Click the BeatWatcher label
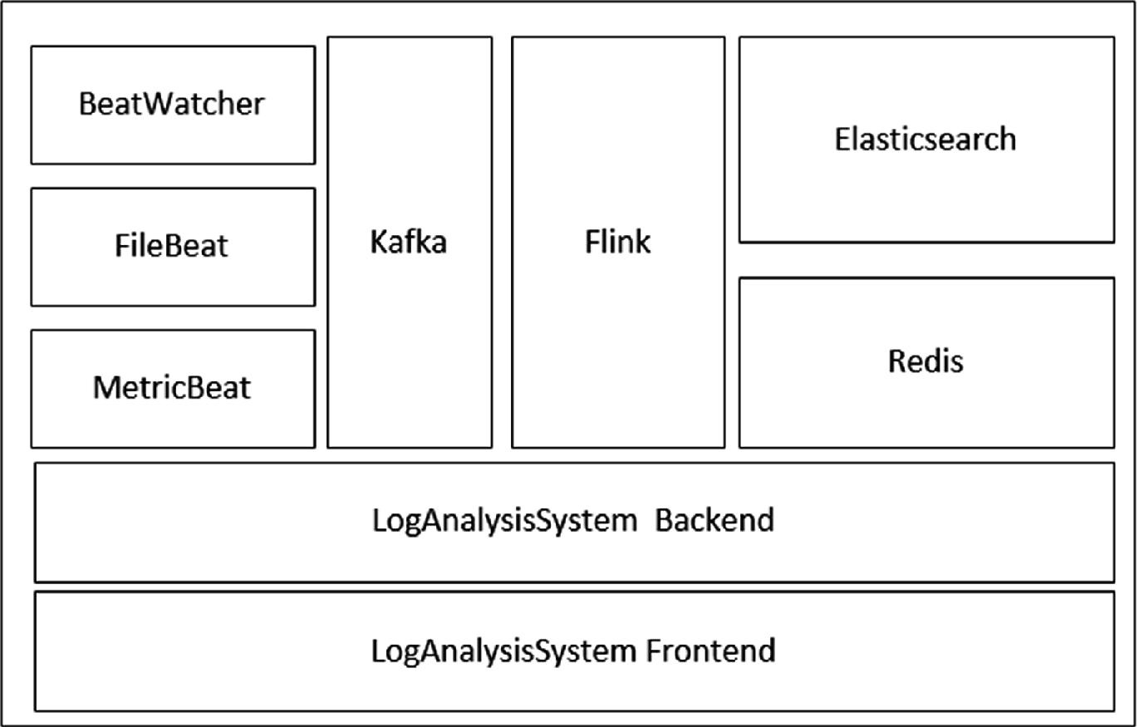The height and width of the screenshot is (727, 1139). pyautogui.click(x=172, y=105)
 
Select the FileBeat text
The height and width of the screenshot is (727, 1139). pyautogui.click(x=171, y=246)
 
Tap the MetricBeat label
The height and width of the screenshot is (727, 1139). pyautogui.click(x=171, y=388)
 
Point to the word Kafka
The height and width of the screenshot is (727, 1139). pyautogui.click(x=409, y=243)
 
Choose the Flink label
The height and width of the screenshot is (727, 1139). pyautogui.click(x=617, y=243)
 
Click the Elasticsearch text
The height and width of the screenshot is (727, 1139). pyautogui.click(x=925, y=139)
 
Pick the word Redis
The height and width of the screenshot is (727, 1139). pyautogui.click(x=925, y=361)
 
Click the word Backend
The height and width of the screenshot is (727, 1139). pyautogui.click(x=714, y=520)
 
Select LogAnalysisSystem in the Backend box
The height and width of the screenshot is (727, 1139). pyautogui.click(x=503, y=521)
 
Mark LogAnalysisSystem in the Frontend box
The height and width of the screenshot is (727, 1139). pyautogui.click(x=503, y=651)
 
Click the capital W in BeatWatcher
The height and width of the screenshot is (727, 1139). pyautogui.click(x=161, y=105)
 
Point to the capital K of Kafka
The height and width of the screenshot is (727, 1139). pyautogui.click(x=378, y=243)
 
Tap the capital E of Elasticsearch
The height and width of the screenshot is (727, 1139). pyautogui.click(x=842, y=139)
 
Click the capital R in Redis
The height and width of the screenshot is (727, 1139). pyautogui.click(x=896, y=361)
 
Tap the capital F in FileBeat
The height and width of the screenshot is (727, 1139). pyautogui.click(x=121, y=246)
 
